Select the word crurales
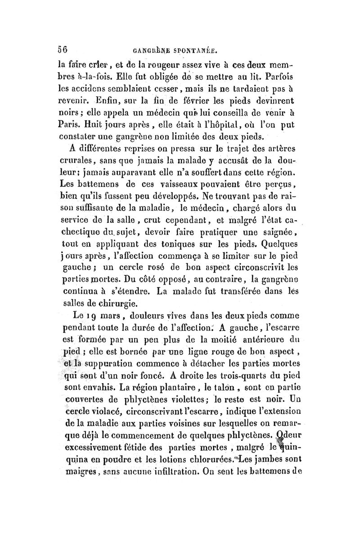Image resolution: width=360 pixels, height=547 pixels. pyautogui.click(x=75, y=158)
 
